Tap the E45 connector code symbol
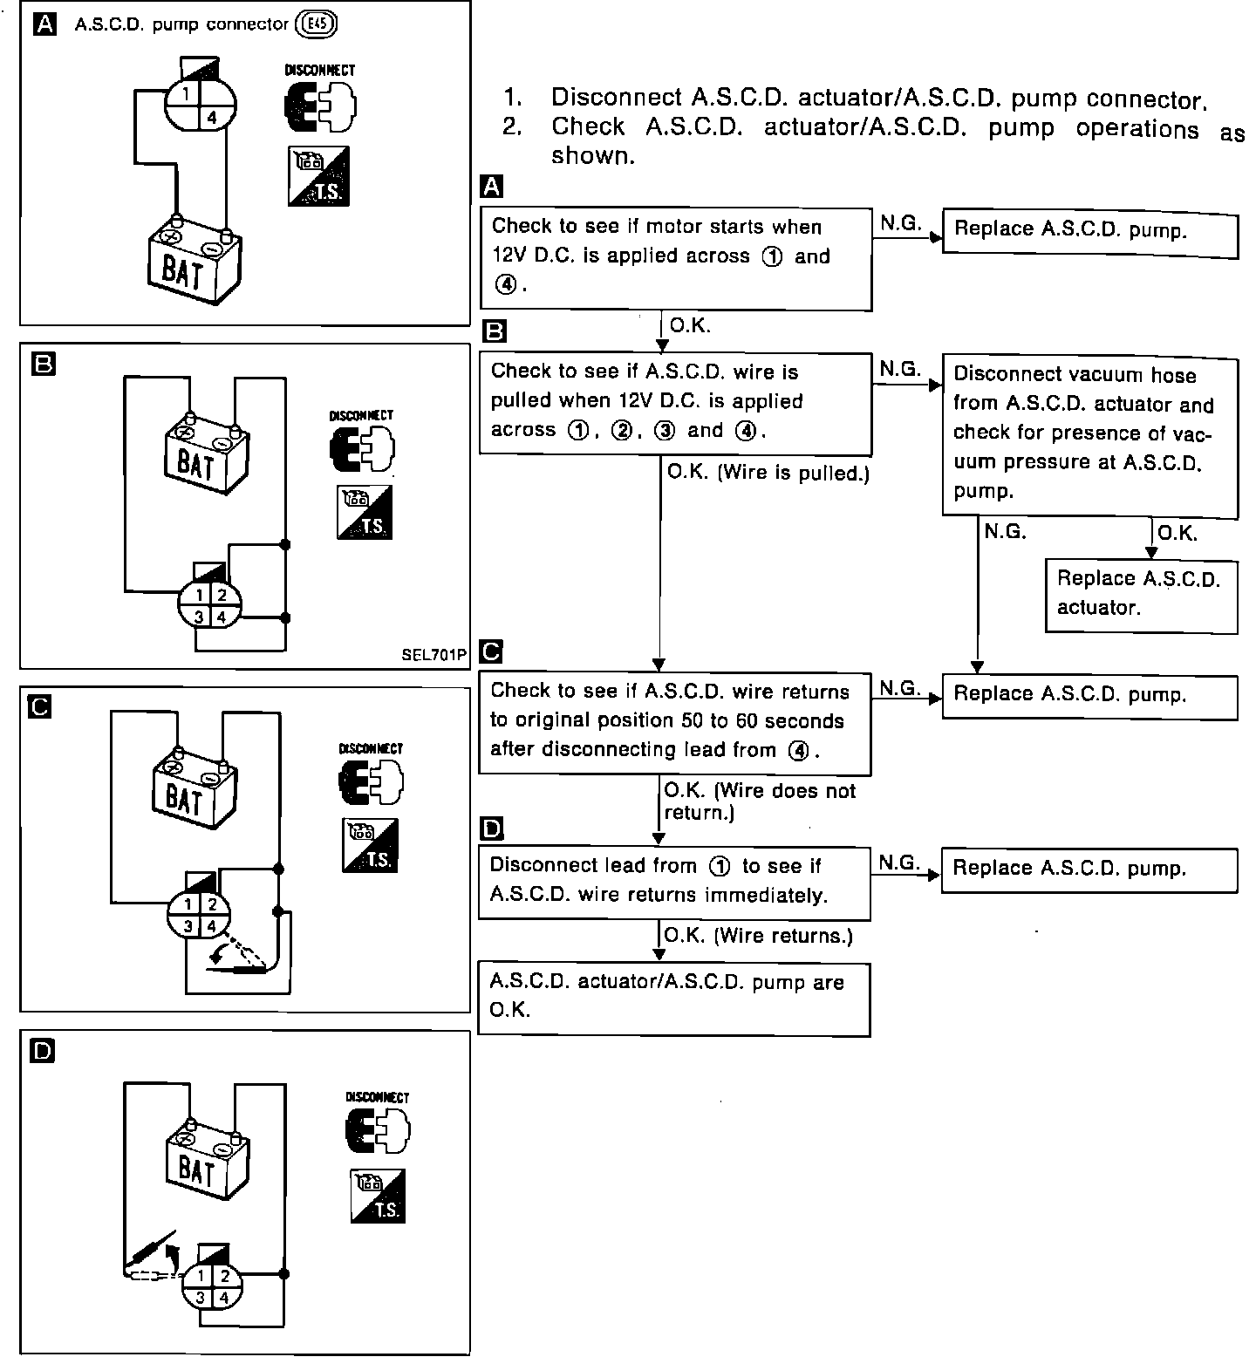pyautogui.click(x=316, y=24)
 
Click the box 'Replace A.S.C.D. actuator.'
pyautogui.click(x=1141, y=595)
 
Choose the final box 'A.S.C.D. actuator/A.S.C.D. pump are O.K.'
pyautogui.click(x=674, y=998)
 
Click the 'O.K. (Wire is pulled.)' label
pyautogui.click(x=768, y=474)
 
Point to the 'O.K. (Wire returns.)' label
pyautogui.click(x=758, y=936)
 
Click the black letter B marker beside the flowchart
pyautogui.click(x=494, y=331)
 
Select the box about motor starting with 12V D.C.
pyautogui.click(x=676, y=258)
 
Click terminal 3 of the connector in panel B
pyautogui.click(x=199, y=617)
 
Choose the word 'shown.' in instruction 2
pyautogui.click(x=591, y=157)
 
